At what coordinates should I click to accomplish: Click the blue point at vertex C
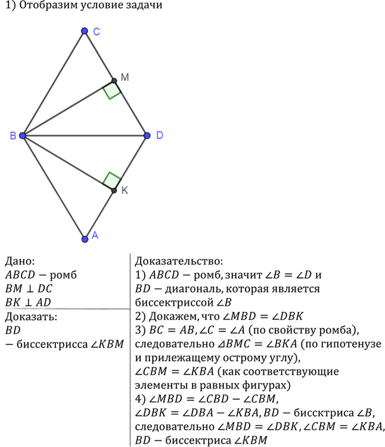(84, 31)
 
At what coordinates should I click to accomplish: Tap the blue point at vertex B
(23, 136)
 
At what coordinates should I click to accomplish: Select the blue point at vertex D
(147, 136)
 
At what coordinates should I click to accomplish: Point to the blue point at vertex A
(85, 239)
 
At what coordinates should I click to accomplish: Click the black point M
(114, 81)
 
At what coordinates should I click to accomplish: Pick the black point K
(114, 190)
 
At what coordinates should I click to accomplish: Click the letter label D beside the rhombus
(160, 135)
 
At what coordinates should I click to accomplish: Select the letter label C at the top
(97, 32)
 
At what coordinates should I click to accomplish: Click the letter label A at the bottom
(95, 235)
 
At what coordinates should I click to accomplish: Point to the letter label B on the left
(13, 136)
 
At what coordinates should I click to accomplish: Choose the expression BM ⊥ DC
(29, 289)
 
